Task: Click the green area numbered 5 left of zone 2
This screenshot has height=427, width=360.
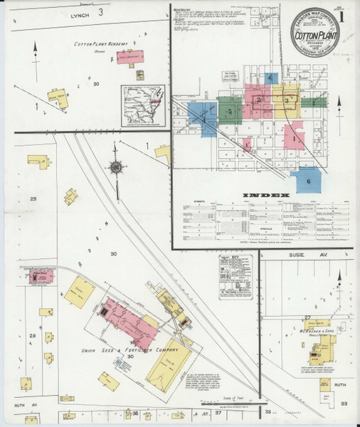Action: point(230,111)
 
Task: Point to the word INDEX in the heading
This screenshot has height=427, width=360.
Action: point(266,194)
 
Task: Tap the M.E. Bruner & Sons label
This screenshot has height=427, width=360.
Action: point(321,331)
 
